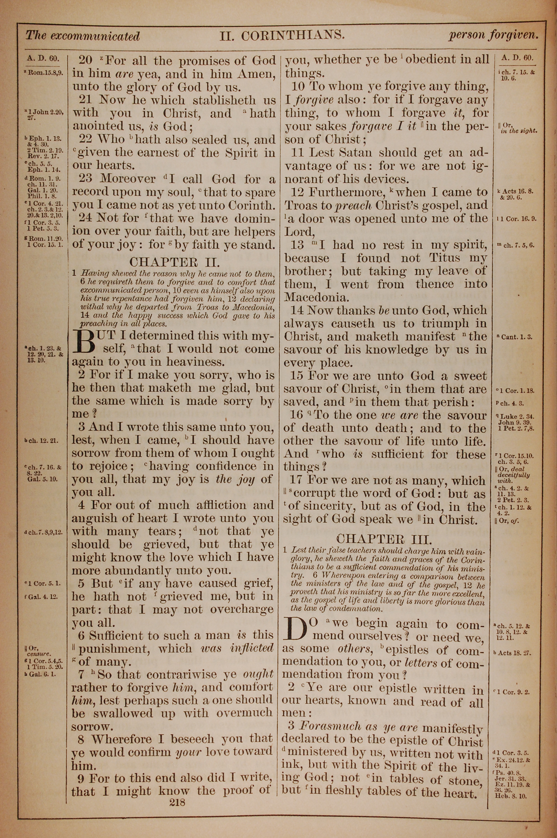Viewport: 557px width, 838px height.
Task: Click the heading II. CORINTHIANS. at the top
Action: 282,35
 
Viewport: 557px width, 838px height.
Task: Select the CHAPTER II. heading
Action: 174,262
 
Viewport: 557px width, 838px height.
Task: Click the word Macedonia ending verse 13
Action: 315,297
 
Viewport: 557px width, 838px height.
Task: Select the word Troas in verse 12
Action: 302,205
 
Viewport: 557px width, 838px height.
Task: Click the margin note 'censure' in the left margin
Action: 40,653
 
